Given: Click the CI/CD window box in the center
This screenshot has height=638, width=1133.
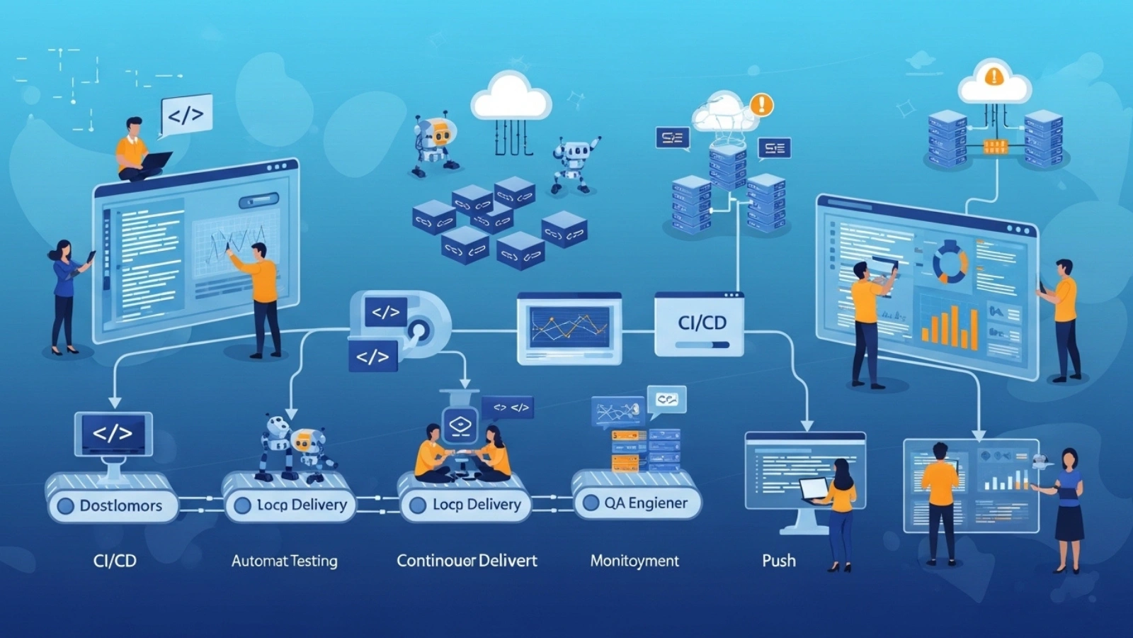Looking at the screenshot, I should [699, 325].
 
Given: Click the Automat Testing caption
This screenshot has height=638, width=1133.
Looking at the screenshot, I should [284, 561].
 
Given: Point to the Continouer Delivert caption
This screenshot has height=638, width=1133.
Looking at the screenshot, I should [467, 561].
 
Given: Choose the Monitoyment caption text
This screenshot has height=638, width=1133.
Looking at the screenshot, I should [634, 561].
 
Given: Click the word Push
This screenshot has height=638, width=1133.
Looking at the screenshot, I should [778, 561].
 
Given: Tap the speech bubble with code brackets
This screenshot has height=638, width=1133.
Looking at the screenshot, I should [186, 114].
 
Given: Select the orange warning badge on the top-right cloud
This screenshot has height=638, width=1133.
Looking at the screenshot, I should [994, 75].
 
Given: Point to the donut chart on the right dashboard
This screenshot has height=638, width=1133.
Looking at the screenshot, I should [950, 262].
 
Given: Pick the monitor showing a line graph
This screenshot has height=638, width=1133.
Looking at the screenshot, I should [569, 328].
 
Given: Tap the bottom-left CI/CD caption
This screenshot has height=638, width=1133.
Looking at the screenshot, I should [115, 561].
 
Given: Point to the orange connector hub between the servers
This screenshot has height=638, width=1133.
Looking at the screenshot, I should [994, 147].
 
